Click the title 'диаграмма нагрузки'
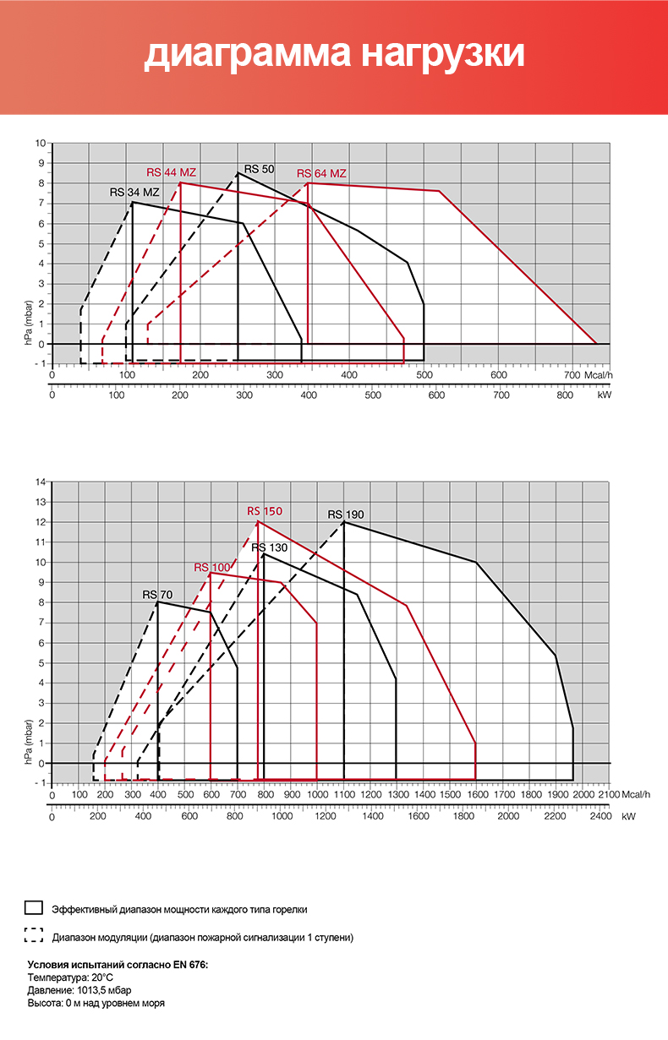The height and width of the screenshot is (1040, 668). coord(334,54)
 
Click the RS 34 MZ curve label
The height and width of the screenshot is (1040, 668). coord(134,192)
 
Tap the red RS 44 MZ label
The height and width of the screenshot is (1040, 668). coord(171,172)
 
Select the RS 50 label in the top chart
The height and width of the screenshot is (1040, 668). coord(259,169)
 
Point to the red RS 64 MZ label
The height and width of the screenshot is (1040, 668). coord(321,173)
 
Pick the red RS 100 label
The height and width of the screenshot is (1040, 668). coord(211,567)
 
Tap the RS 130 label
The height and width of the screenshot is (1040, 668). coord(269,547)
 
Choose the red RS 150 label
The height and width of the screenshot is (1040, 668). coord(265,511)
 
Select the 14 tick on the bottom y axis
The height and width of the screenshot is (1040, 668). coord(40,482)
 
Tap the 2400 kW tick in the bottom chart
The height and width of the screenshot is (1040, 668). coord(600,817)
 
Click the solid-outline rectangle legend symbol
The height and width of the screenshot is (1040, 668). coord(34,908)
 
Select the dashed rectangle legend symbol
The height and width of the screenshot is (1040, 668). coord(34,935)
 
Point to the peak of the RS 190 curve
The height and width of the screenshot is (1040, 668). coord(344,522)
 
